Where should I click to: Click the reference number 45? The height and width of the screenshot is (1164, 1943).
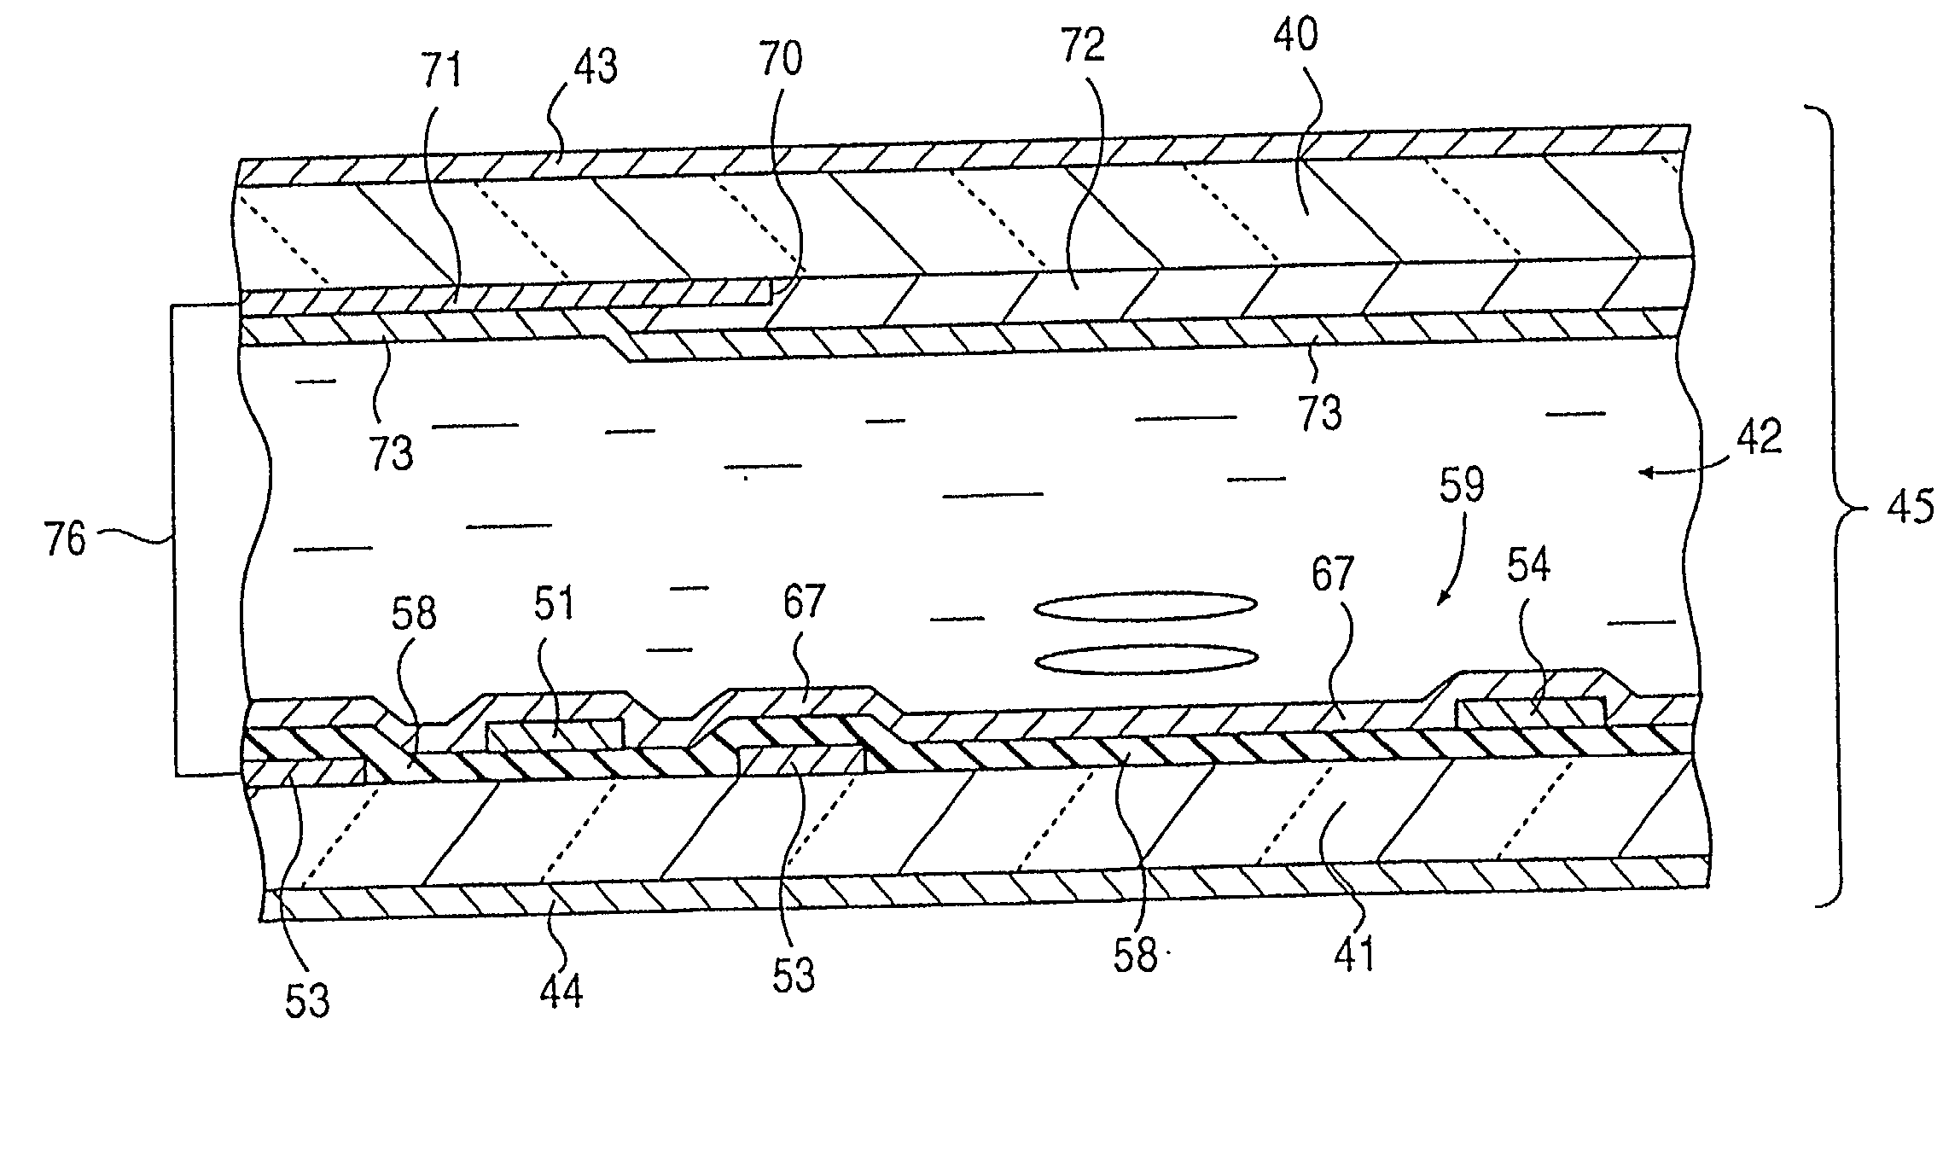[x=1910, y=509]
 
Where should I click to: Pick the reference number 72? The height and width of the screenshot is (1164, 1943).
[x=1084, y=47]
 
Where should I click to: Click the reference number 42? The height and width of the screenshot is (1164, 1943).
[x=1758, y=438]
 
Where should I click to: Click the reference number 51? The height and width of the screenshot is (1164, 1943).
[x=555, y=604]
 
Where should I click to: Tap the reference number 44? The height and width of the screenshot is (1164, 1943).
[x=561, y=992]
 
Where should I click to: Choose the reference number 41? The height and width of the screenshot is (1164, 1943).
[x=1354, y=952]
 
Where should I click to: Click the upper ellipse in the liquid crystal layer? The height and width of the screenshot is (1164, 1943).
[x=1145, y=605]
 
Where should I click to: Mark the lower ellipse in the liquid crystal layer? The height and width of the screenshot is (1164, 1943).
[x=1145, y=658]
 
